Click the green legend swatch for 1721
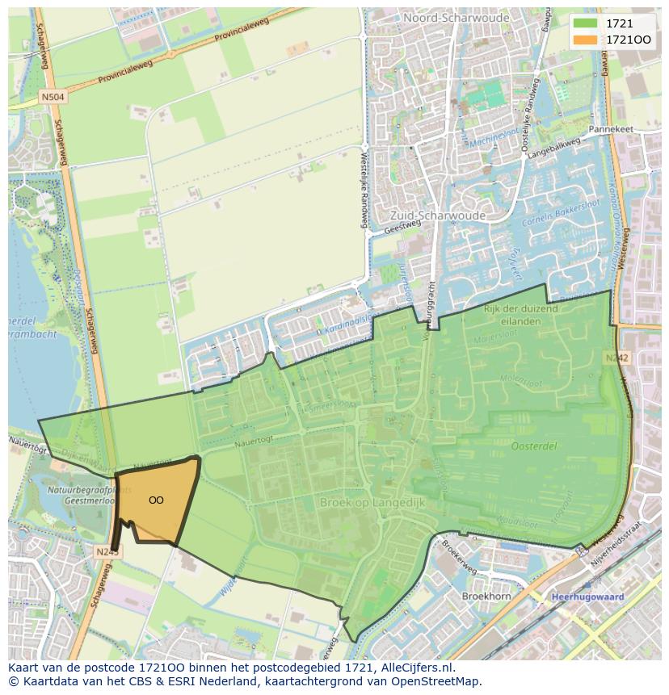(x=585, y=24)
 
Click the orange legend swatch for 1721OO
(x=585, y=40)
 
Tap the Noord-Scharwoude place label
(x=446, y=17)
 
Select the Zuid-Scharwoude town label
(x=437, y=216)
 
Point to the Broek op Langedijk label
(x=372, y=502)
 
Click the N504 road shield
(x=54, y=97)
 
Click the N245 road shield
(x=106, y=551)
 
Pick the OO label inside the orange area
(x=156, y=500)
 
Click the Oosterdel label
(x=534, y=446)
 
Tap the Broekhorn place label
(x=486, y=596)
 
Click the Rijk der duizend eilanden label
(x=520, y=314)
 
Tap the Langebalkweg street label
(x=556, y=147)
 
